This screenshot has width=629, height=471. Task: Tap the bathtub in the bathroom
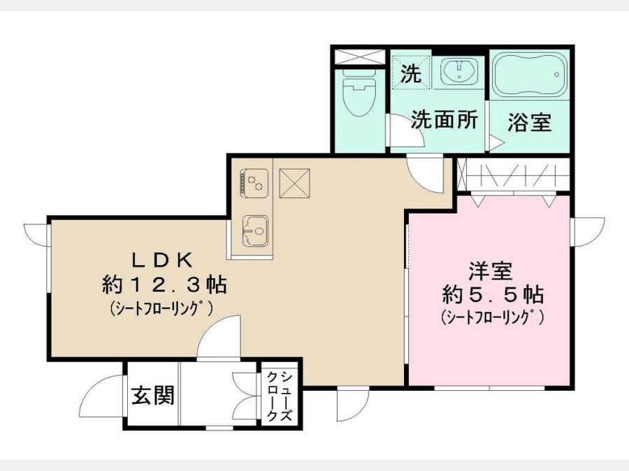[529, 75]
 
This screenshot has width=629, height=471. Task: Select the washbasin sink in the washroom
[459, 71]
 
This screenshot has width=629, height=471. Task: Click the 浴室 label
[530, 122]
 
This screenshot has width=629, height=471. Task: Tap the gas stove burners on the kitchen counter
[254, 183]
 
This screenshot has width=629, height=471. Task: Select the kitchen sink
[254, 231]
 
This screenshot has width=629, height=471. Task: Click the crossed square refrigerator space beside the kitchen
[295, 183]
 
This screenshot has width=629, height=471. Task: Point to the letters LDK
[164, 261]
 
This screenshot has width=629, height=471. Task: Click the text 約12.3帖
[164, 285]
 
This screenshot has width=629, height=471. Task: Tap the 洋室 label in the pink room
[491, 271]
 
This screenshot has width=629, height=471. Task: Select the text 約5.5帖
[493, 294]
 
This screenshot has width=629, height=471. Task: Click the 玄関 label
[153, 395]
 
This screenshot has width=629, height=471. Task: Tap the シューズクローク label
[280, 396]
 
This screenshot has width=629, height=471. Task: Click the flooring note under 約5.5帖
[492, 317]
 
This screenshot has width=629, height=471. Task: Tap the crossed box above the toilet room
[359, 57]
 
